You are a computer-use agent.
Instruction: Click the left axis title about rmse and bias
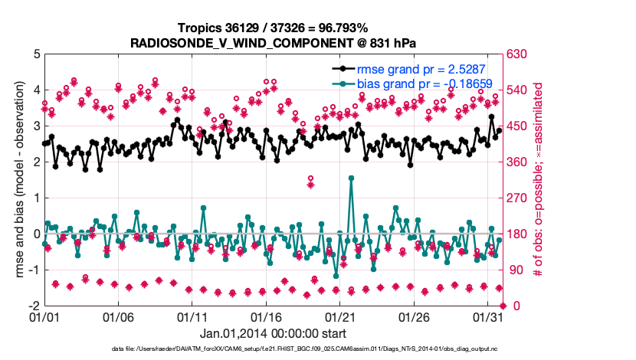(x=18, y=179)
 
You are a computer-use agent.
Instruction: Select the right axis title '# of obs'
(x=549, y=179)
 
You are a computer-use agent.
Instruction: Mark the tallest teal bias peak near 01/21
(x=351, y=178)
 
